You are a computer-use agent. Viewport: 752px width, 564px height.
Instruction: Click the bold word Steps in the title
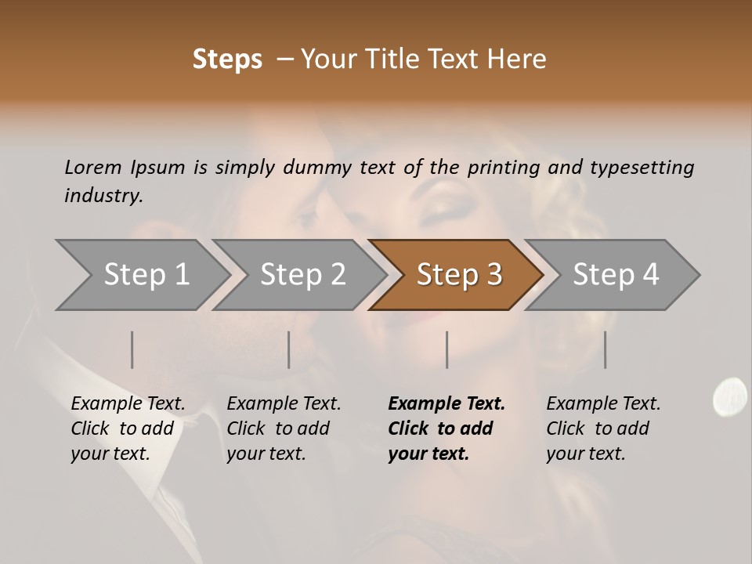227,60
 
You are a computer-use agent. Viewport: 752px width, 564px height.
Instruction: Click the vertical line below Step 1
132,349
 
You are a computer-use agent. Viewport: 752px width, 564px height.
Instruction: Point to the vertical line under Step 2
289,349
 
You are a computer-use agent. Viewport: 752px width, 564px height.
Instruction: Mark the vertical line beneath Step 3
446,349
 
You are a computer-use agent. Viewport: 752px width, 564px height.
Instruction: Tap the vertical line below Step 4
605,349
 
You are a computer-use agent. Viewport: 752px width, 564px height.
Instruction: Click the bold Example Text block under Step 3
446,428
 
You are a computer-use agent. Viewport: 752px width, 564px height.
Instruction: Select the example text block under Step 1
128,428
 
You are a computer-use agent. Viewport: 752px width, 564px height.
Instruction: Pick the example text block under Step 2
284,428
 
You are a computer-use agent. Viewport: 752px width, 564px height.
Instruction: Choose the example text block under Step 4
603,428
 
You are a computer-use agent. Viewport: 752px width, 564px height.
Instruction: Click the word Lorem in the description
92,167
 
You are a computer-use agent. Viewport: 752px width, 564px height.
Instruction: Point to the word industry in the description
103,196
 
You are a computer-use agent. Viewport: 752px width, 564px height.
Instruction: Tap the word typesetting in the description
642,167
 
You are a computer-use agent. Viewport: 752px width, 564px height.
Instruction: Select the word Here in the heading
516,60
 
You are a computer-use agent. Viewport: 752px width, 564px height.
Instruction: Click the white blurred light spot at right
729,395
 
